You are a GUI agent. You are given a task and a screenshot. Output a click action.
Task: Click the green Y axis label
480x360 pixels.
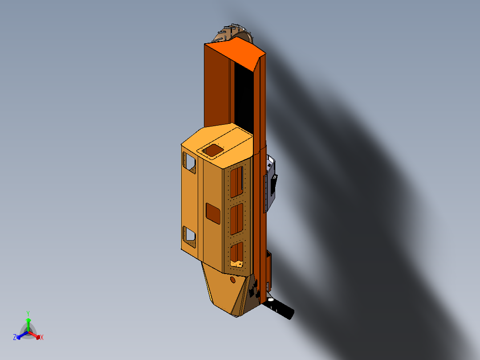point(28,313)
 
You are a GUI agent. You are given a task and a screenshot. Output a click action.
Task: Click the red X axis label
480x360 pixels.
point(42,338)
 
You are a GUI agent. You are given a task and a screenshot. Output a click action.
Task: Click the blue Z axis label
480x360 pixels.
point(15,337)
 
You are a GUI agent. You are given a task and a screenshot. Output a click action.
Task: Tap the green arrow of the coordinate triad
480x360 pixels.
point(28,323)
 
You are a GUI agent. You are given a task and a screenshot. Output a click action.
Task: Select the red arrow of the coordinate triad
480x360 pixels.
point(36,335)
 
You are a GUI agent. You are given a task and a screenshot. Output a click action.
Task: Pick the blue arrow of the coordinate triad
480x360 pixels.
point(20,335)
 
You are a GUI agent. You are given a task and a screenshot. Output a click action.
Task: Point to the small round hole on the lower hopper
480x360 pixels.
point(232,279)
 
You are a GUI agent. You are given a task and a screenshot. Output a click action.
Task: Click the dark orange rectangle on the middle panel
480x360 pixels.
point(213,213)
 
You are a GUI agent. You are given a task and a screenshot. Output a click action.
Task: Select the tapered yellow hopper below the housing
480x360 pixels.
point(223,290)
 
